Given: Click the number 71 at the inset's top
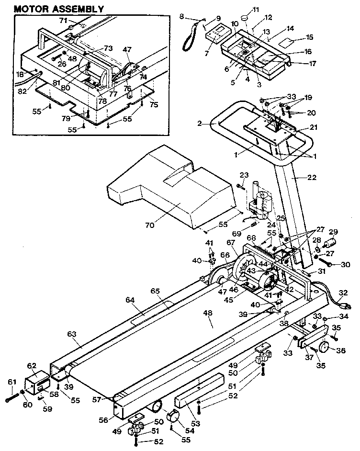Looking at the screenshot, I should pyautogui.click(x=63, y=21).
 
